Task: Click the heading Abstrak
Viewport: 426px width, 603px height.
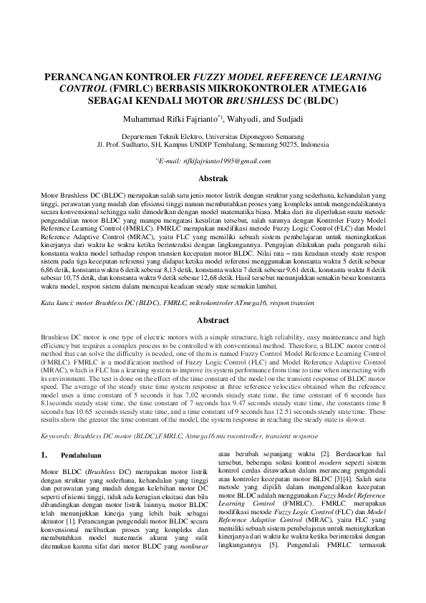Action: [213, 178]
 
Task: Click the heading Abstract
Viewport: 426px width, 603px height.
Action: [213, 321]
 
